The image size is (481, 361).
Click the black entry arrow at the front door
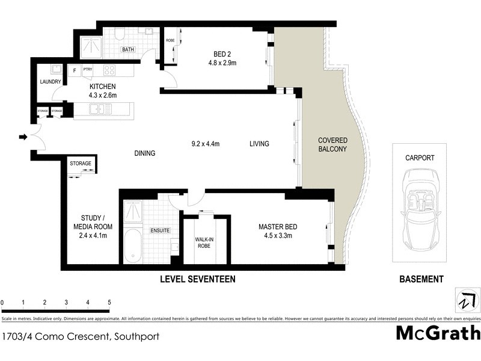click(23, 138)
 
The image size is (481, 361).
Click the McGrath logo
click(438, 333)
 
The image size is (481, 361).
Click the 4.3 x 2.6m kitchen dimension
click(102, 94)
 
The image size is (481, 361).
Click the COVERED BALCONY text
click(332, 145)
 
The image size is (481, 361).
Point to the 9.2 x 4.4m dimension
click(206, 144)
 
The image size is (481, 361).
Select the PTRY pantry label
click(88, 70)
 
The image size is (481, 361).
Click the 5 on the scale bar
click(109, 302)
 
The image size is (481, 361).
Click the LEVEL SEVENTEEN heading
click(197, 279)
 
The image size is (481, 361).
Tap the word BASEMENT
click(421, 279)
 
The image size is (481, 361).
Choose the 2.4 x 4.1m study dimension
click(94, 235)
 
